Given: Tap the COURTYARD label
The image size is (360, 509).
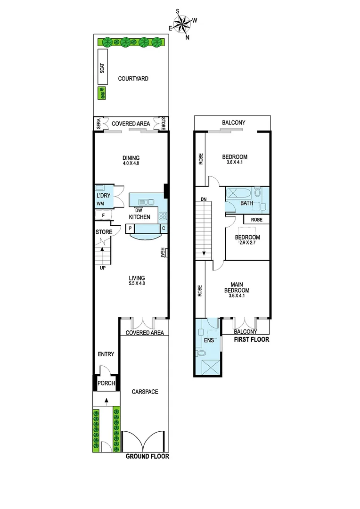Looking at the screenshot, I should (x=133, y=79).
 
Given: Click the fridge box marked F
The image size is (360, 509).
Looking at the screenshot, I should (x=103, y=215).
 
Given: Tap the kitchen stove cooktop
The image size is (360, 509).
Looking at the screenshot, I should (x=163, y=216).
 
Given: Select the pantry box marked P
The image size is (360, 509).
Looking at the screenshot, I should (x=130, y=229).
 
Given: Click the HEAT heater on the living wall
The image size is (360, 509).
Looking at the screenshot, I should (x=163, y=253).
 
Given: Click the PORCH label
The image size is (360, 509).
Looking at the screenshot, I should (x=106, y=383).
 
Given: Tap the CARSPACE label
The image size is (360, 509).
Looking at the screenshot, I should (x=145, y=392).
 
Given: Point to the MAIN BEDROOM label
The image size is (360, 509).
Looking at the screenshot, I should (x=240, y=287).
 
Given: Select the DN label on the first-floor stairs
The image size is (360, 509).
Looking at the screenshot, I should (x=204, y=200).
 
